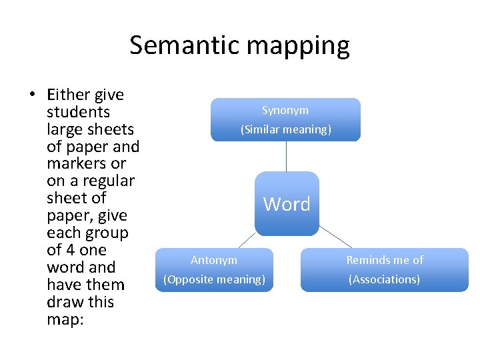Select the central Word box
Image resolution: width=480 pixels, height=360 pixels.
click(x=287, y=204)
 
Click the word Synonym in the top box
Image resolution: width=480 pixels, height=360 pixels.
click(x=285, y=110)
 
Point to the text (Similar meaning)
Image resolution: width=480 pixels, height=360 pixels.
click(x=285, y=129)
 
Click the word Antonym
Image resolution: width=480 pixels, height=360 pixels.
click(x=214, y=260)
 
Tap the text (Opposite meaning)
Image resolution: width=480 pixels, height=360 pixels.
click(x=214, y=279)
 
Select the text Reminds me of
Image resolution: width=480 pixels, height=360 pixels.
click(x=385, y=260)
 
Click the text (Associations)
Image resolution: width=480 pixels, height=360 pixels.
click(x=385, y=279)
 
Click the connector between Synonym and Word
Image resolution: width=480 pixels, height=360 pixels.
click(x=287, y=157)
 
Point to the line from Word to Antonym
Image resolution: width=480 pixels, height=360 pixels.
click(x=247, y=241)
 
